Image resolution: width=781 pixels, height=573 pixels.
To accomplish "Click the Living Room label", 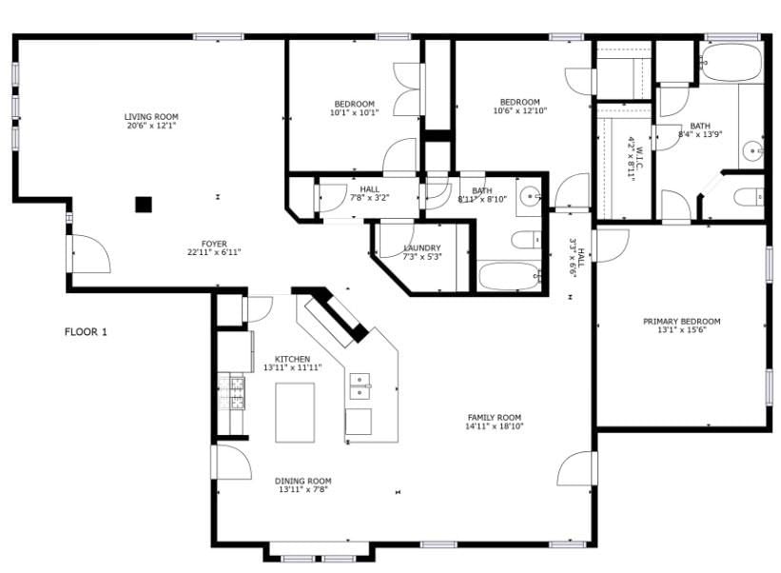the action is (151, 116).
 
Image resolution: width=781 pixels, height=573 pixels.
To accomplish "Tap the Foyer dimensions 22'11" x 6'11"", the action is (214, 252).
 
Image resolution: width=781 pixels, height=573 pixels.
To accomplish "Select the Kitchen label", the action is (292, 359).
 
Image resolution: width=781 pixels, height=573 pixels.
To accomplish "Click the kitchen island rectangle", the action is (295, 412).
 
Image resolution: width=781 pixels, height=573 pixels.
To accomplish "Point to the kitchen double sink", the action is (360, 386).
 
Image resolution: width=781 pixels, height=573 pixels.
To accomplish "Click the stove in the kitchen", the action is (232, 392).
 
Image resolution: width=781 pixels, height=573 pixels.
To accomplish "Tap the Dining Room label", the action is (303, 482).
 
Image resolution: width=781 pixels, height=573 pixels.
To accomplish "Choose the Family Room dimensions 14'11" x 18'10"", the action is (494, 426).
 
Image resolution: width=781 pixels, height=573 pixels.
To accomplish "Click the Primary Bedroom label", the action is (681, 322).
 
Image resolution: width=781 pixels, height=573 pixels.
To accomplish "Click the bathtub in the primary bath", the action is (732, 63).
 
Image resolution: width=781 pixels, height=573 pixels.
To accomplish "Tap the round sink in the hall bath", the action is (529, 196).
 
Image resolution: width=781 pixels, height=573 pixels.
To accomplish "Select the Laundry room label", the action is (421, 248).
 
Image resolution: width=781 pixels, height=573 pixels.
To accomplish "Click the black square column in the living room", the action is (144, 205).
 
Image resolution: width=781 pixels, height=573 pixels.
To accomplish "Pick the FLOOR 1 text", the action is (86, 332).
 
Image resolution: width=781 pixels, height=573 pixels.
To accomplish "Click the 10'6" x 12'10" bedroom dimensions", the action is (520, 110).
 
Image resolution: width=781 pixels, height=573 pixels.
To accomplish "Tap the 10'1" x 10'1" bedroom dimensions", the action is (354, 112).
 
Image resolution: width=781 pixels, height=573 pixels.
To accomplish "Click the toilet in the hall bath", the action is (526, 240).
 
